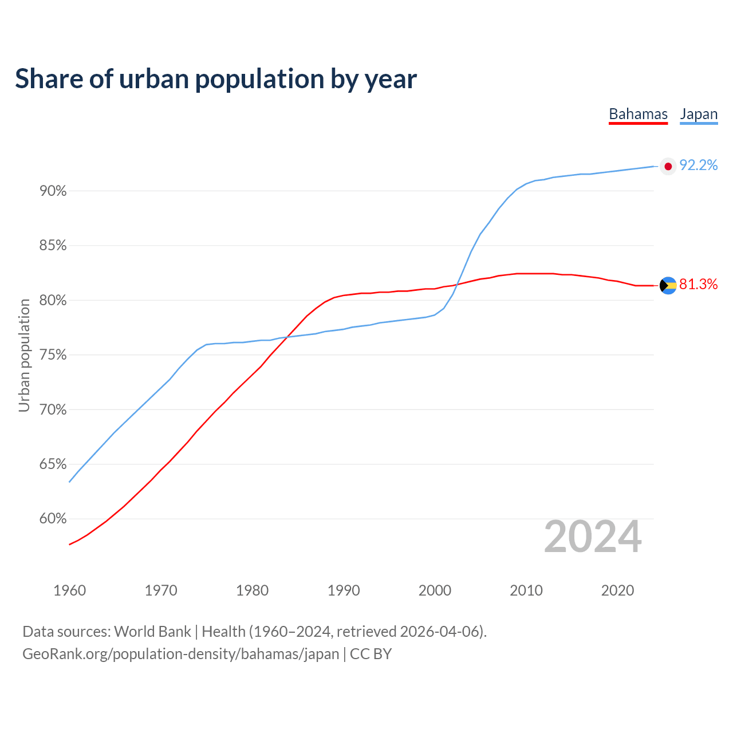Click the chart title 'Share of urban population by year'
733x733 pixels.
[216, 79]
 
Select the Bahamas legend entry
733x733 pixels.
[638, 115]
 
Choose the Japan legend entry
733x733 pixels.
[699, 115]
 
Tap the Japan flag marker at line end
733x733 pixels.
[668, 167]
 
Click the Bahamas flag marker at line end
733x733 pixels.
[668, 285]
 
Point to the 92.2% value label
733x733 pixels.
[698, 165]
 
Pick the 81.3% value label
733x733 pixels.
[698, 284]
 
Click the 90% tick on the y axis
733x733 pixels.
[53, 191]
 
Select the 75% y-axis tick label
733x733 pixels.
[53, 355]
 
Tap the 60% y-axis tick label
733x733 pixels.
[53, 519]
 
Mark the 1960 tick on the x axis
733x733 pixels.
[70, 590]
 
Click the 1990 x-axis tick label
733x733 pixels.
[344, 590]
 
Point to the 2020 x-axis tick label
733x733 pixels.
[617, 590]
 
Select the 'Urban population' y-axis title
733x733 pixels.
[24, 355]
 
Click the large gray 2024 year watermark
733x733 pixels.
[593, 537]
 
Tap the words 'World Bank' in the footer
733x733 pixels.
[152, 632]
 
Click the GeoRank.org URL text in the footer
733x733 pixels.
[181, 654]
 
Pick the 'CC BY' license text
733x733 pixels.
[371, 654]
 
